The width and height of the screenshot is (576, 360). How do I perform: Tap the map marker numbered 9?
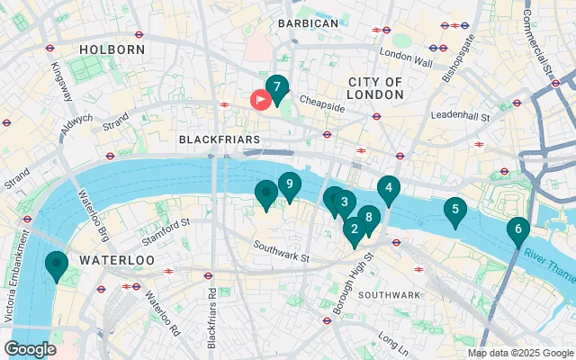(x=288, y=185)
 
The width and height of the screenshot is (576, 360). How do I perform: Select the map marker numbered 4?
(x=388, y=188)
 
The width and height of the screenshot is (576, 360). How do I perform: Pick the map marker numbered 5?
(x=454, y=211)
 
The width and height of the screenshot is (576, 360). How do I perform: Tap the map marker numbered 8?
(x=368, y=218)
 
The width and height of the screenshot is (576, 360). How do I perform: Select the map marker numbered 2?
(x=354, y=229)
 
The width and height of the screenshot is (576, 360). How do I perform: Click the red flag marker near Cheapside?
(x=261, y=100)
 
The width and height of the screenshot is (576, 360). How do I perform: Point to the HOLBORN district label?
(x=112, y=49)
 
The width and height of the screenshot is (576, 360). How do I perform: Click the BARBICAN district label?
(x=308, y=22)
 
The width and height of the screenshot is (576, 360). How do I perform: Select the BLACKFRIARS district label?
(x=220, y=139)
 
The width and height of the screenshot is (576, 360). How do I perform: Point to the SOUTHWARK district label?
(x=389, y=295)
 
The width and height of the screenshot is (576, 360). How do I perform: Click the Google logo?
(x=30, y=348)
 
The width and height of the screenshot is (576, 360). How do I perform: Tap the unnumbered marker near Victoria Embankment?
(x=57, y=265)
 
